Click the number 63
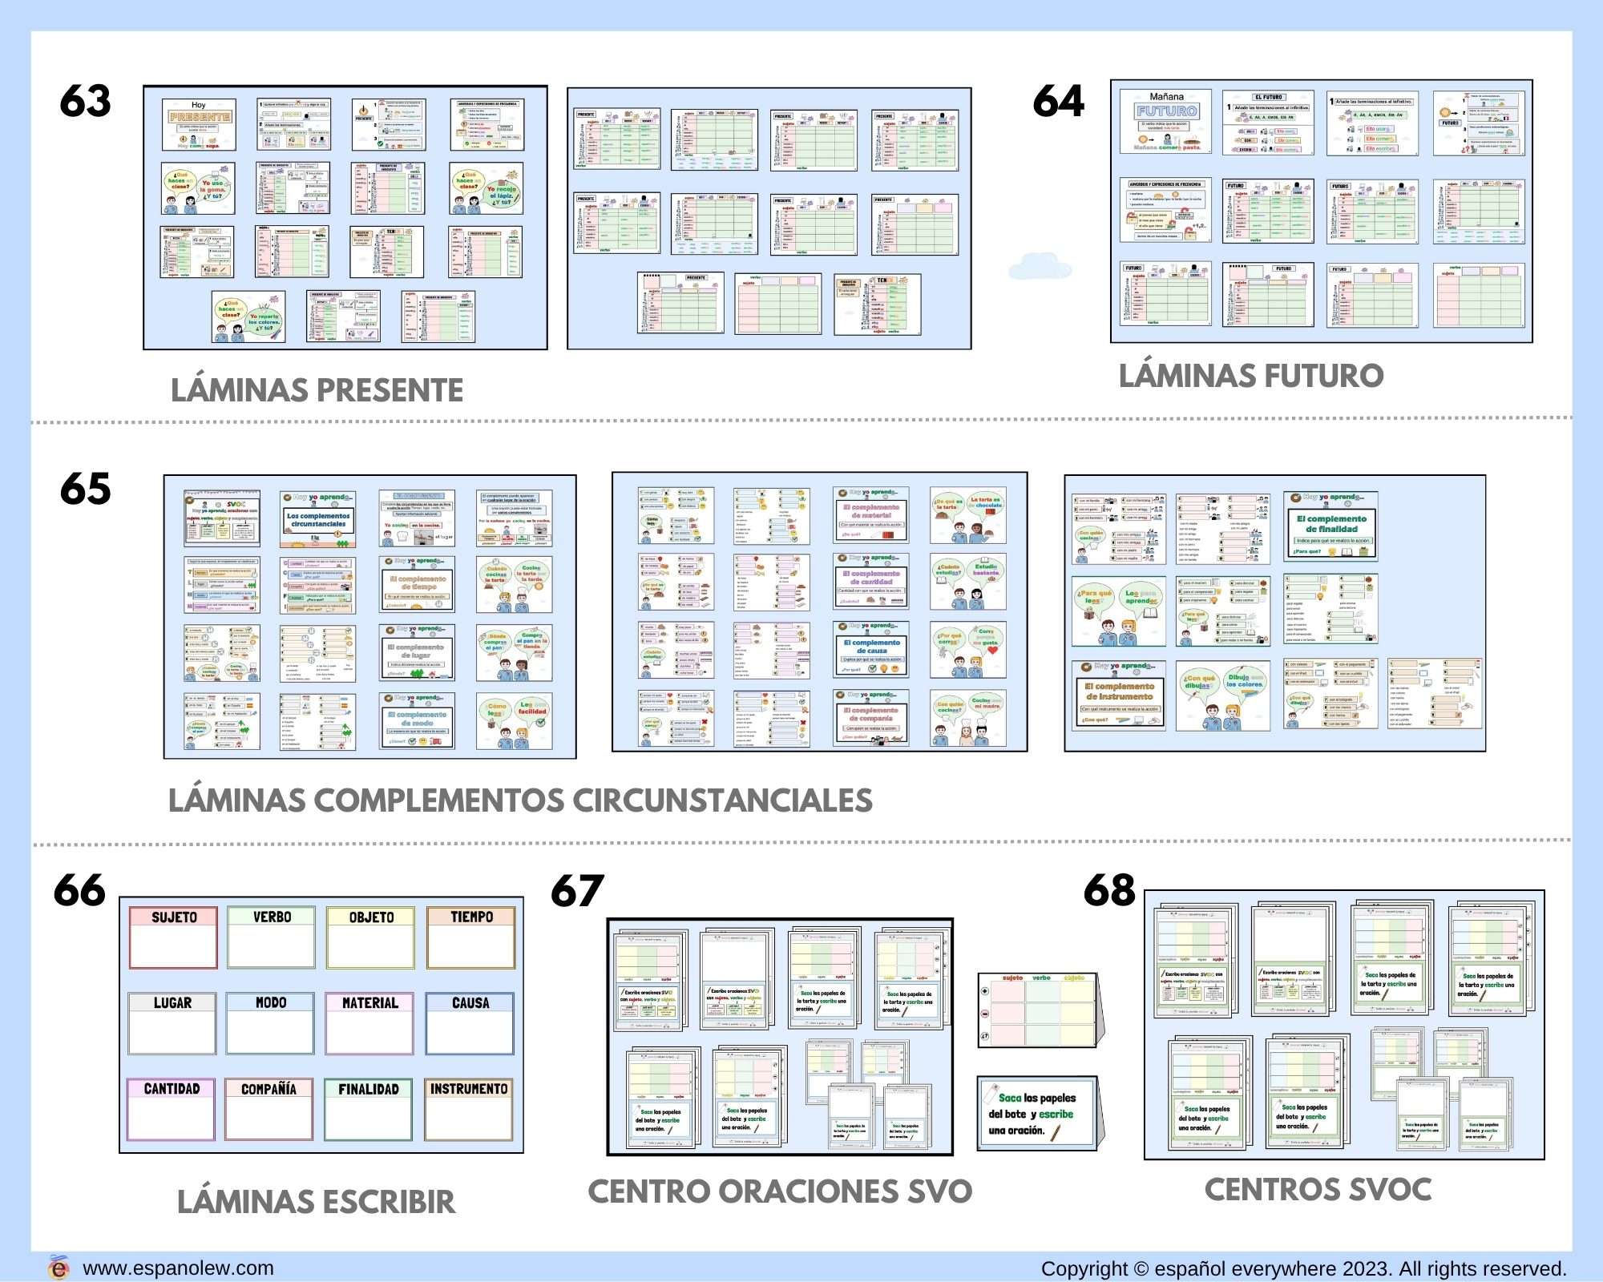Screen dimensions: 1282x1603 [x=85, y=102]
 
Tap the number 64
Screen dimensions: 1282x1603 [x=1058, y=102]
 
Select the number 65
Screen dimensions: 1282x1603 [x=85, y=489]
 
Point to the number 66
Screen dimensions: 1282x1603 [x=79, y=891]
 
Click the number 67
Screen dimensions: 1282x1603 [x=577, y=891]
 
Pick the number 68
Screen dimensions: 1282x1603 [x=1109, y=890]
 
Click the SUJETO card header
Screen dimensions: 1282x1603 [x=174, y=917]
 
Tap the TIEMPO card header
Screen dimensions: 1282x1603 [x=471, y=917]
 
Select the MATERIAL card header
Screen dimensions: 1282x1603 [x=369, y=1002]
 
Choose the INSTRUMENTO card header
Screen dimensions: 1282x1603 [x=469, y=1089]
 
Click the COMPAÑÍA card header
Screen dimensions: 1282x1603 [x=269, y=1089]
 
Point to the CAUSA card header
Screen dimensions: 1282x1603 [x=470, y=1002]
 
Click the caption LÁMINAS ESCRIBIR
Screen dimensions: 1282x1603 [x=316, y=1202]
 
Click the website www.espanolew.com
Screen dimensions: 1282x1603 [x=178, y=1268]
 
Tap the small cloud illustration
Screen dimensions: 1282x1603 [x=1040, y=266]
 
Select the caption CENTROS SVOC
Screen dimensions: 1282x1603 [x=1318, y=1190]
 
